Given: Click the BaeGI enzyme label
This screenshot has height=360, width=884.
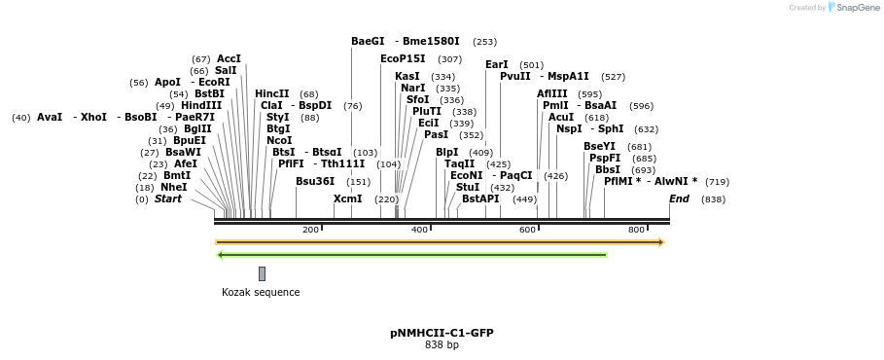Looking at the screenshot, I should tap(368, 42).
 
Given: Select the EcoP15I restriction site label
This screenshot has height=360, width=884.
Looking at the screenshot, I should tap(403, 59).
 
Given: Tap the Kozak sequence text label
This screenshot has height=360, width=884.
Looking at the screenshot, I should tap(261, 292).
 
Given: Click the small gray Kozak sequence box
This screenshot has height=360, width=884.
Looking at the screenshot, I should tap(262, 273).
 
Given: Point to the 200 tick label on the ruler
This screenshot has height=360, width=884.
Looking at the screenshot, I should tap(310, 230).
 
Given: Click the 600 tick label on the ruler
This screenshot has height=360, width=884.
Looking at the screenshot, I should tap(528, 230).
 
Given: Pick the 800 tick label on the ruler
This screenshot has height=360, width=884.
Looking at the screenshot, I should tap(637, 230).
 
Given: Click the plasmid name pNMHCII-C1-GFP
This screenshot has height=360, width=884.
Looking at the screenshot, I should tap(442, 333).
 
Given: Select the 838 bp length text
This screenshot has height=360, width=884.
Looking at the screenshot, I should tap(442, 344).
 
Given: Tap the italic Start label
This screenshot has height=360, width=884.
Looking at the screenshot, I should tap(168, 199).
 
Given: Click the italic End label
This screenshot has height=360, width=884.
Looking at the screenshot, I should tap(679, 199).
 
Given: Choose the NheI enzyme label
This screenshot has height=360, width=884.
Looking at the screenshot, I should tap(174, 187).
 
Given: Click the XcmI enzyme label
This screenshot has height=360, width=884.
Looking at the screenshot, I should tap(347, 199).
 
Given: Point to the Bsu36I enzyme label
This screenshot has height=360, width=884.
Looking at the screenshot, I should tap(315, 181).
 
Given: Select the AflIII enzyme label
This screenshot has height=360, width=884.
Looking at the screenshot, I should tap(552, 93).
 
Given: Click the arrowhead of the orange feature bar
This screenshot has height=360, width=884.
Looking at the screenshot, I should tap(661, 242).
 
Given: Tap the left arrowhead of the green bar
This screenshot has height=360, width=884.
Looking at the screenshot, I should tap(220, 255).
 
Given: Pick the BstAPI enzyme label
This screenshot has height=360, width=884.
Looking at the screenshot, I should tap(480, 199).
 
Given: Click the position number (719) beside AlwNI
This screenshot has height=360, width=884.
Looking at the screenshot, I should tap(717, 182).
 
